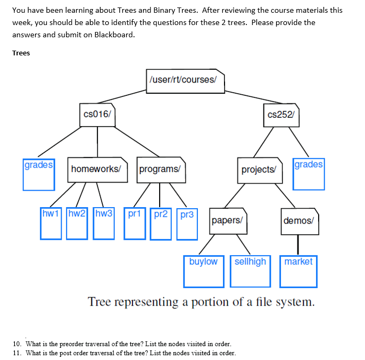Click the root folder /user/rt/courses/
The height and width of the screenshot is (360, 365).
point(184,80)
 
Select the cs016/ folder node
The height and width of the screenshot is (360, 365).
point(97,114)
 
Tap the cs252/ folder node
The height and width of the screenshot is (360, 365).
point(280,114)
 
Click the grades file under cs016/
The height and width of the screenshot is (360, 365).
point(38,174)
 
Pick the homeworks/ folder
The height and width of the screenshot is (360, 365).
point(97,169)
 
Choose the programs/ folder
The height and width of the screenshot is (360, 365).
point(161,169)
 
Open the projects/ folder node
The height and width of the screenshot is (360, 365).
point(259,169)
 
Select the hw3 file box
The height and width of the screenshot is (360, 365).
point(104,223)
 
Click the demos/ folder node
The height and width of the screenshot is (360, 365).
point(299,220)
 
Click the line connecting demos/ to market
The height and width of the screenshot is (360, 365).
point(298,244)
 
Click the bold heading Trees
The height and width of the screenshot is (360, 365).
point(21,53)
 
